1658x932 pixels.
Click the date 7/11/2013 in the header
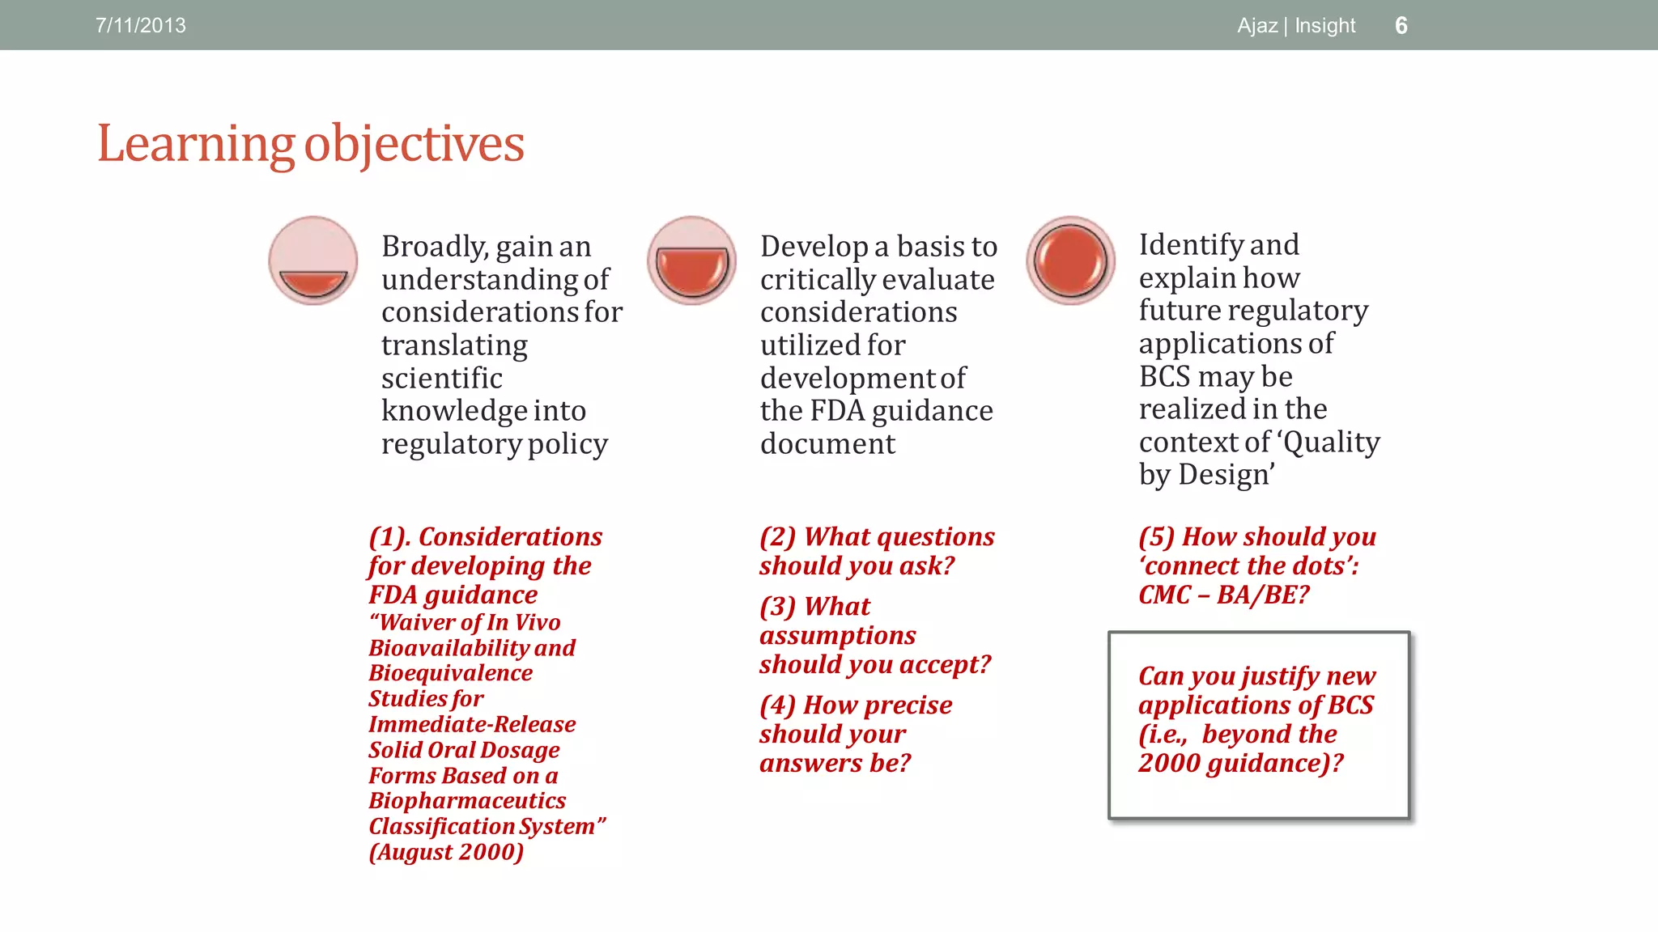pyautogui.click(x=141, y=26)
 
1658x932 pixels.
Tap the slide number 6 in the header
pyautogui.click(x=1401, y=26)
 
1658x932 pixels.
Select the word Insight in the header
pyautogui.click(x=1324, y=26)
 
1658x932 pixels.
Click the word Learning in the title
pyautogui.click(x=195, y=144)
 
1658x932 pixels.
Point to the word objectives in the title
pyautogui.click(x=414, y=144)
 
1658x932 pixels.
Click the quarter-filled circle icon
pyautogui.click(x=313, y=261)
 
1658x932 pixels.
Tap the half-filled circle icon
pyautogui.click(x=692, y=261)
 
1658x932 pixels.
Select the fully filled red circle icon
pyautogui.click(x=1070, y=261)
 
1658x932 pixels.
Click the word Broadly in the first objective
pyautogui.click(x=434, y=247)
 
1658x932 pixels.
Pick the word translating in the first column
pyautogui.click(x=454, y=345)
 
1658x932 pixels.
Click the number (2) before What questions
pyautogui.click(x=777, y=537)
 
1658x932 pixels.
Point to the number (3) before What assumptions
pyautogui.click(x=777, y=607)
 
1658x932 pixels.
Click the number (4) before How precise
pyautogui.click(x=777, y=705)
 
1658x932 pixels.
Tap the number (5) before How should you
pyautogui.click(x=1156, y=537)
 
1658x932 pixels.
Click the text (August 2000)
pyautogui.click(x=446, y=852)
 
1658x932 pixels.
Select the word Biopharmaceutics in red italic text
pyautogui.click(x=467, y=801)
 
